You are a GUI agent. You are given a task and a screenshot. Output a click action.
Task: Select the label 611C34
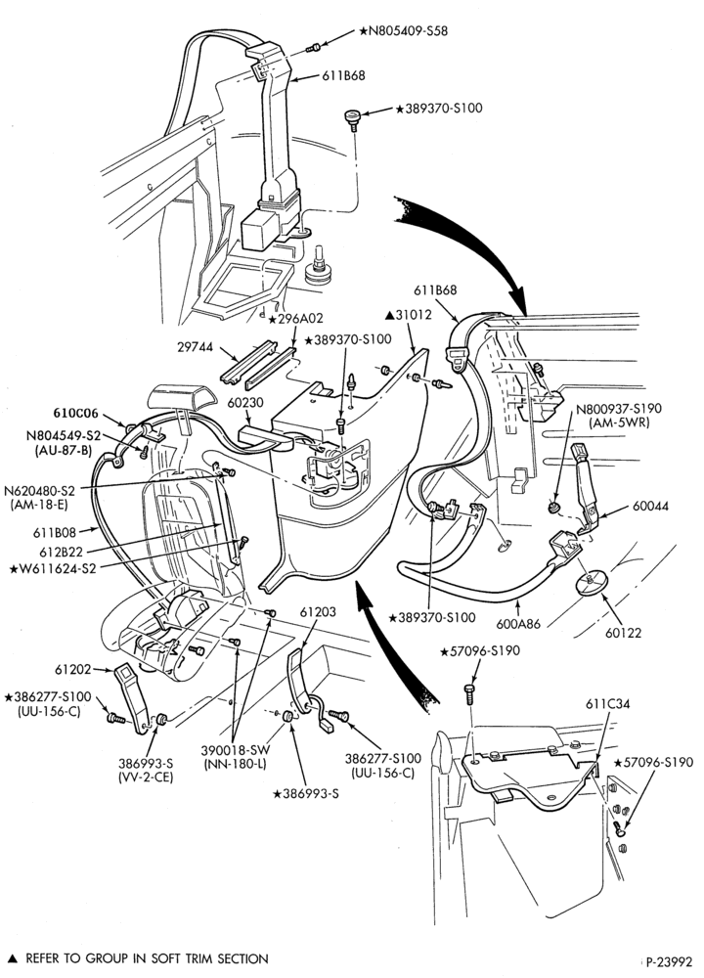point(607,703)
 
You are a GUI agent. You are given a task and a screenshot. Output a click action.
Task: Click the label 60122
point(622,633)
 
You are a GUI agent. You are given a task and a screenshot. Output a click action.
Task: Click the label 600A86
point(517,622)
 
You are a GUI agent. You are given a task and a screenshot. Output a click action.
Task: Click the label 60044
point(650,506)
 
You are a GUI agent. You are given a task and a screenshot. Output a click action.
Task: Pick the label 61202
point(72,669)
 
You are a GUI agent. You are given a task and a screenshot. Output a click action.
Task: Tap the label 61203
point(318,612)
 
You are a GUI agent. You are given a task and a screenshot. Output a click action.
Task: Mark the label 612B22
point(61,552)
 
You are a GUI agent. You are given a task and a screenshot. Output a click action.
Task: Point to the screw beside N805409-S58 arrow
point(315,47)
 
